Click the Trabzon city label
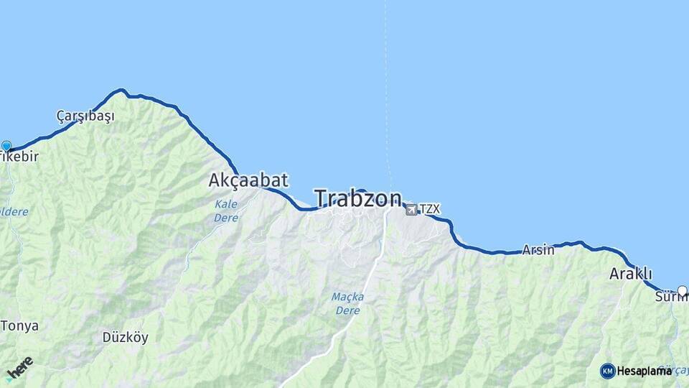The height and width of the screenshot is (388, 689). pyautogui.click(x=357, y=198)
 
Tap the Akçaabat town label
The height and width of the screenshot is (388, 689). pyautogui.click(x=248, y=180)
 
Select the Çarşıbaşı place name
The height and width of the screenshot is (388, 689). pyautogui.click(x=85, y=116)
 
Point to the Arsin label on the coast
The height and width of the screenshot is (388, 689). pyautogui.click(x=538, y=250)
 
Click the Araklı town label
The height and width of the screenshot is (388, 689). pyautogui.click(x=630, y=274)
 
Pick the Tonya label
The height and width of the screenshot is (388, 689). pyautogui.click(x=19, y=325)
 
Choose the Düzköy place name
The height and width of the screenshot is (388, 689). pyautogui.click(x=125, y=336)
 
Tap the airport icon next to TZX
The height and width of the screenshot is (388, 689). pyautogui.click(x=411, y=209)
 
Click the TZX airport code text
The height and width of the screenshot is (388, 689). pyautogui.click(x=430, y=209)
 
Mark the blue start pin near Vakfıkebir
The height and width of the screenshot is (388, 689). pyautogui.click(x=6, y=147)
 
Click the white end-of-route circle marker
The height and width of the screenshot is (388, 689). pyautogui.click(x=682, y=291)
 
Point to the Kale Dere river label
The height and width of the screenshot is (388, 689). pyautogui.click(x=226, y=211)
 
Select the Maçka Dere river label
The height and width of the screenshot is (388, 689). pyautogui.click(x=348, y=303)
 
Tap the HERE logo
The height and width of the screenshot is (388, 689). pyautogui.click(x=19, y=367)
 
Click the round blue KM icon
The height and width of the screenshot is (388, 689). pyautogui.click(x=607, y=371)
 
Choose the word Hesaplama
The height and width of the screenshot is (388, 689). pyautogui.click(x=644, y=371)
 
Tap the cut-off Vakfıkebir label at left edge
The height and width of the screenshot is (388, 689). pyautogui.click(x=22, y=157)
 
